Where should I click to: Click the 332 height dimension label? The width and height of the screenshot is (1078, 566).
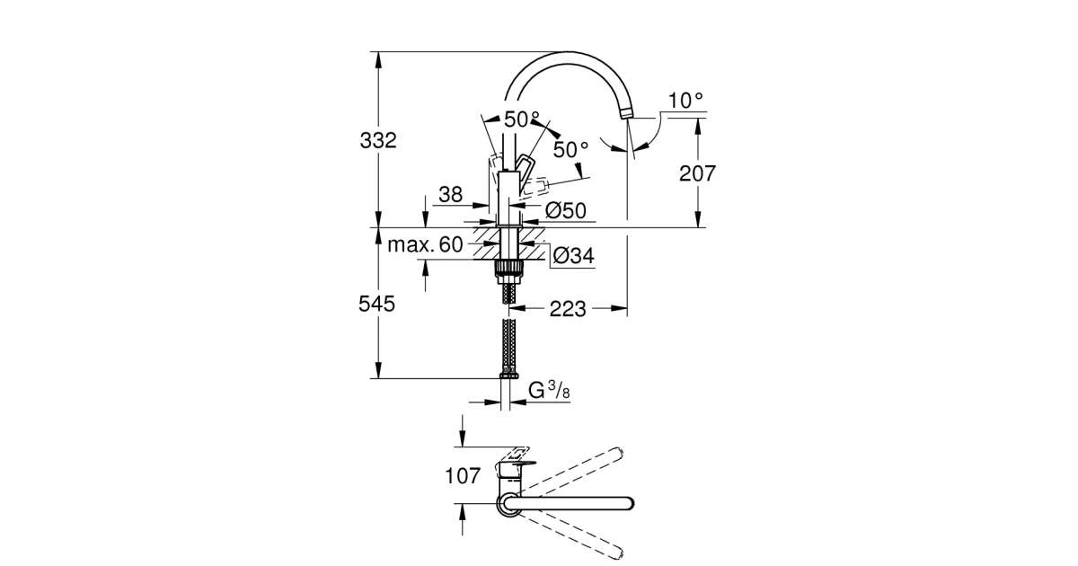tap(377, 140)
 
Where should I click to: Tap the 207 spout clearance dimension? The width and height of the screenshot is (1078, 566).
tap(697, 173)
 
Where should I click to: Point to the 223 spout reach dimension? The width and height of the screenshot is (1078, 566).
tap(568, 309)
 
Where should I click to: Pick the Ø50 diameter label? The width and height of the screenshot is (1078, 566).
tap(566, 210)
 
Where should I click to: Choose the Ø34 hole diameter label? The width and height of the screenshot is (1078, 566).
tap(573, 256)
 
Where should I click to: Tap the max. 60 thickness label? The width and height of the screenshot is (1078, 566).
tap(425, 243)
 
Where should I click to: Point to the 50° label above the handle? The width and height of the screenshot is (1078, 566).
tap(522, 119)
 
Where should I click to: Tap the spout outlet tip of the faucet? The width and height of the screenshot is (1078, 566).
tap(625, 113)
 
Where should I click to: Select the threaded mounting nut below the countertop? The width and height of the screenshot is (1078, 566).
tap(509, 267)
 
